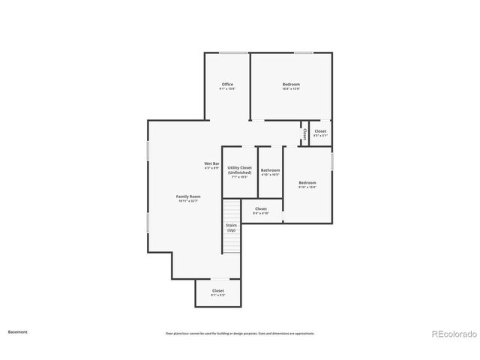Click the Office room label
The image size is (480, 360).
(227, 84)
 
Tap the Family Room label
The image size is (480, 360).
(189, 196)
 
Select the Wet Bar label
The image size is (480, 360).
(211, 163)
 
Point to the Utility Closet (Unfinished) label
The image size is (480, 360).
(240, 170)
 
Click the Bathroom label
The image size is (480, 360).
(270, 170)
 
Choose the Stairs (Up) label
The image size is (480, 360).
(232, 227)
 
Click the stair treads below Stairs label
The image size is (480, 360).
(232, 243)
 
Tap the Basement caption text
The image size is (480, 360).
(17, 331)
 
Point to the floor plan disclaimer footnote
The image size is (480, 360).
(240, 333)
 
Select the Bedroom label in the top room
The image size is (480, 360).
(291, 84)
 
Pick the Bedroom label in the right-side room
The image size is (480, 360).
(307, 182)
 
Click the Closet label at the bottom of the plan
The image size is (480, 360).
(217, 290)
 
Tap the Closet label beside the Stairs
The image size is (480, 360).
(261, 208)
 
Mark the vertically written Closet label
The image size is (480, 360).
(304, 133)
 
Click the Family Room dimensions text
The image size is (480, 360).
(189, 201)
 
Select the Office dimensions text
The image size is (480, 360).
(227, 89)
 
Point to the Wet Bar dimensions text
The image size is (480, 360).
(211, 168)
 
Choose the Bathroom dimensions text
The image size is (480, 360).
(270, 175)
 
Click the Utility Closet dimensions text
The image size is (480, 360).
(240, 178)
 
